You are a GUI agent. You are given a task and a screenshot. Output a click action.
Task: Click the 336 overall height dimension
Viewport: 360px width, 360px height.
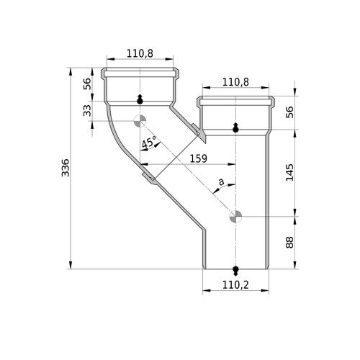pos(66,168)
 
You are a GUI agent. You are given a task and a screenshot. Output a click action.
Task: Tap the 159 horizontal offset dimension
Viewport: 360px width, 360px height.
pos(199,158)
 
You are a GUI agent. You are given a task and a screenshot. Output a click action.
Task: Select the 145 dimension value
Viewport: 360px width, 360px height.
pos(289,172)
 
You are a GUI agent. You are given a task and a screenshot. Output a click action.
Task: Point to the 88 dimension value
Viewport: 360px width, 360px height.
pos(289,242)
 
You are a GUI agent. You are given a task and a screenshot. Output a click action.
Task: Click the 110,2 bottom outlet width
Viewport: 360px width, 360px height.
pos(235,285)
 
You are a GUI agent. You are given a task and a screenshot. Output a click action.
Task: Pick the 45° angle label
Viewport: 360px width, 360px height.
pos(149,143)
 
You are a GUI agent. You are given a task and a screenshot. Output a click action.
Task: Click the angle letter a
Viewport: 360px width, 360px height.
pos(221,181)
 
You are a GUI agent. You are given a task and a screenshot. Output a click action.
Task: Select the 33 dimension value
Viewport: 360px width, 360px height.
pos(87,111)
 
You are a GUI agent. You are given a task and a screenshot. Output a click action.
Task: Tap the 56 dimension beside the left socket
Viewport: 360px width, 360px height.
pos(87,84)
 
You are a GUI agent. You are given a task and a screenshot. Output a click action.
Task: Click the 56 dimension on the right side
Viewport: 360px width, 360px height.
pos(289,112)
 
